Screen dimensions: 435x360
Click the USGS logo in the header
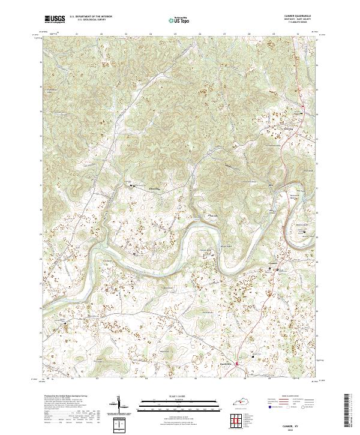pos(55,19)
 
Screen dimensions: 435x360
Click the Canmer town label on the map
pos(271,264)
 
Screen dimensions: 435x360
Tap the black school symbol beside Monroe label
pos(133,187)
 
